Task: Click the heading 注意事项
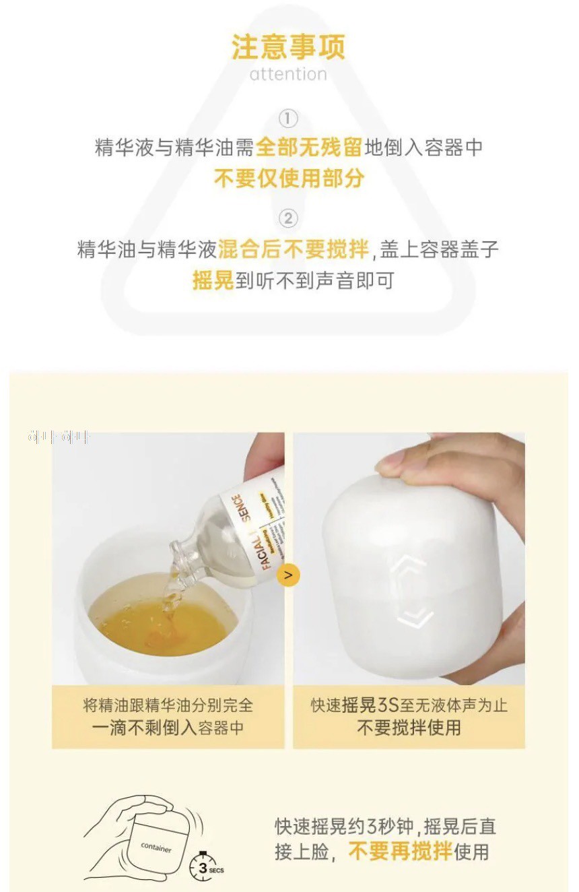(x=288, y=47)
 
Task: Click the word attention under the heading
(x=288, y=74)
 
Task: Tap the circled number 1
(x=288, y=119)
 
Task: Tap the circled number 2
(x=288, y=218)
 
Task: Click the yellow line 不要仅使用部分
(x=289, y=178)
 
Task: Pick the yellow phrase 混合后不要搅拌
(x=294, y=249)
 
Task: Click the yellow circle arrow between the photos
(x=288, y=575)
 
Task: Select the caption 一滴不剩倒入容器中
(x=168, y=728)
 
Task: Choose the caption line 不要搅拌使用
(x=409, y=728)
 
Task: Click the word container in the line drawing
(x=156, y=848)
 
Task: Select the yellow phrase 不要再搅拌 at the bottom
(x=400, y=852)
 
